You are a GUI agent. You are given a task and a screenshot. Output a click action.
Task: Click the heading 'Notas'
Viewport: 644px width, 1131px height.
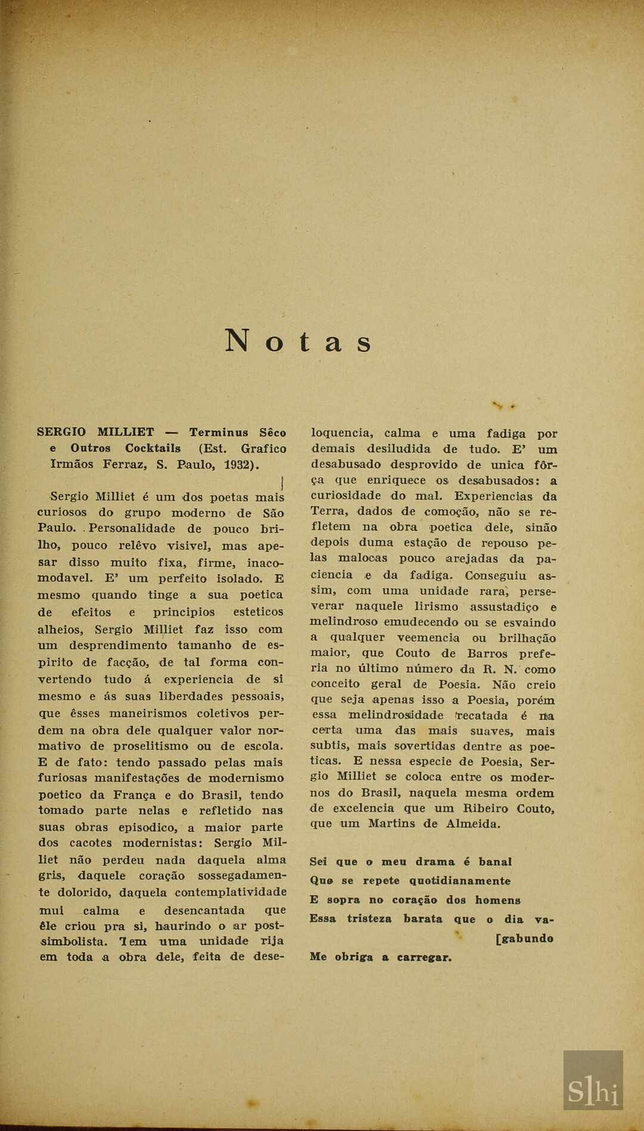(x=298, y=341)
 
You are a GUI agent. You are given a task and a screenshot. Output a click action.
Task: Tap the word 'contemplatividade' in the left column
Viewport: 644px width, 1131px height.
(x=230, y=892)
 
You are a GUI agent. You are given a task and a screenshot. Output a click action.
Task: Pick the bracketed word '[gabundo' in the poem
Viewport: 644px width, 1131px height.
(x=524, y=938)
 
